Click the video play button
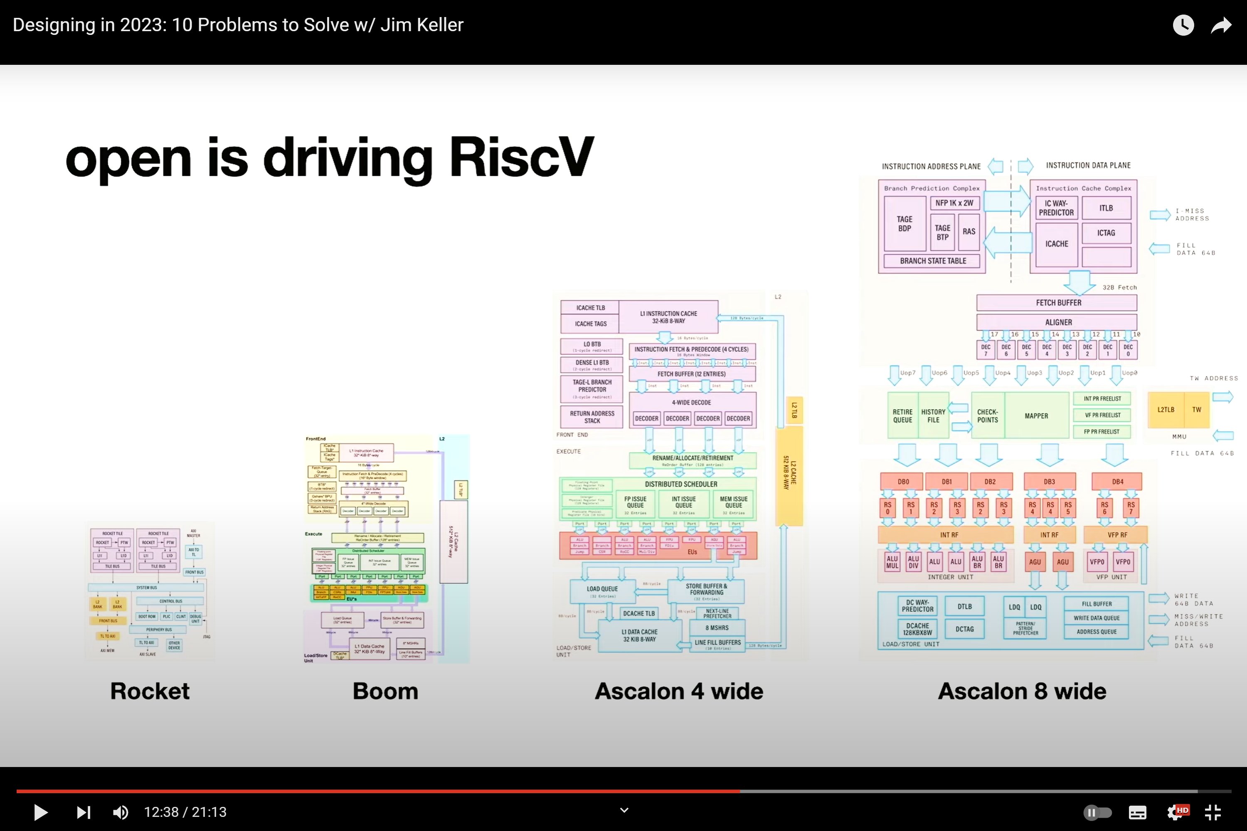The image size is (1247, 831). (40, 812)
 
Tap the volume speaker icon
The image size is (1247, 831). (121, 812)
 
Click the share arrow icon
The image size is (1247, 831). (1221, 25)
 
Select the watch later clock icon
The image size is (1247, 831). (1183, 25)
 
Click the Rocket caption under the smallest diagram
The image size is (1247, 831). (150, 691)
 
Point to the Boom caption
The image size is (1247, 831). (385, 691)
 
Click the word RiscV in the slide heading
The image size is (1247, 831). (522, 157)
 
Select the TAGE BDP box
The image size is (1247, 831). (904, 224)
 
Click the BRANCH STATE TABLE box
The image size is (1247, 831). (933, 261)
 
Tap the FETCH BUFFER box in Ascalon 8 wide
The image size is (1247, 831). (1058, 302)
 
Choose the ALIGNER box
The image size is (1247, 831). (1058, 322)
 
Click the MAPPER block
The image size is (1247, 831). (1036, 416)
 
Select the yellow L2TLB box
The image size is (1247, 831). (1166, 410)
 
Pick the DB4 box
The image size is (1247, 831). (1117, 482)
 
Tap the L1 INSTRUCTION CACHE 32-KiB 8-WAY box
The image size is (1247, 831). (668, 317)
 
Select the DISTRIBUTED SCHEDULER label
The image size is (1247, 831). (681, 484)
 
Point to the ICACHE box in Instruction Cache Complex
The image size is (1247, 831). (1056, 244)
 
